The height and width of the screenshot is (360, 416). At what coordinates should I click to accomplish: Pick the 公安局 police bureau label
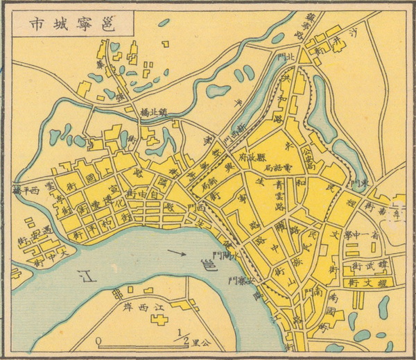click(310, 157)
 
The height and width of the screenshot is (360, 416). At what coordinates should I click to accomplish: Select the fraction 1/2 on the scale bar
click(183, 337)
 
